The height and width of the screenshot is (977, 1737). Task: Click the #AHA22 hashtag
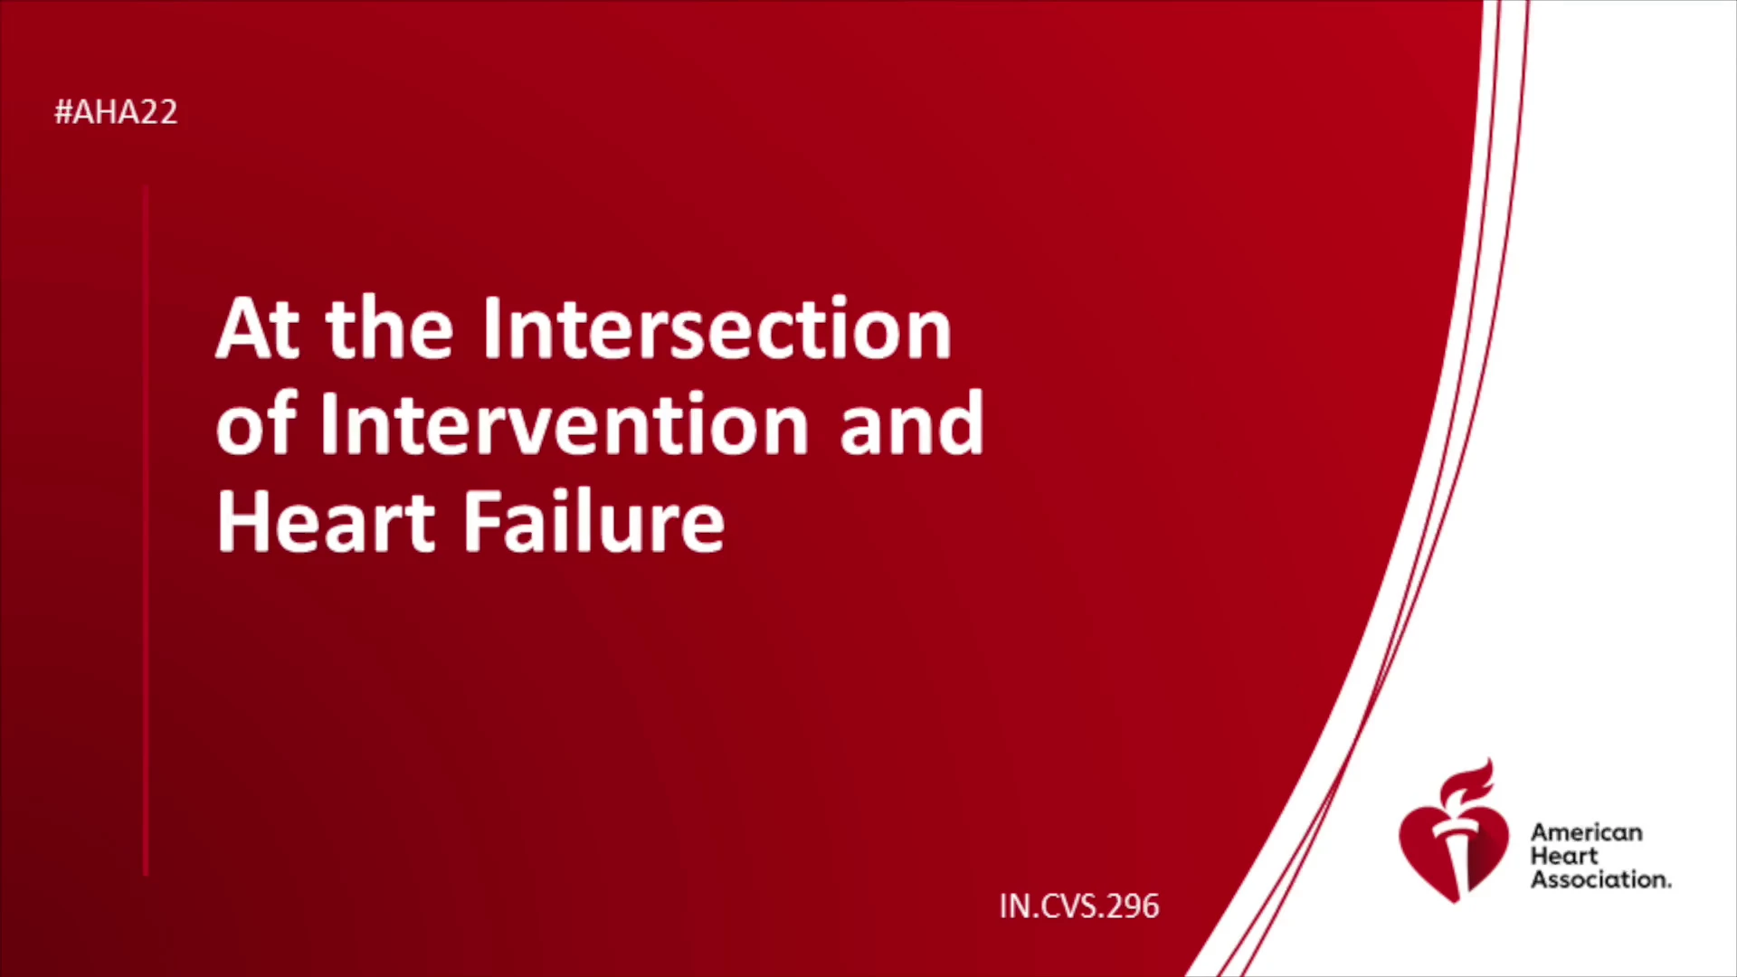pyautogui.click(x=116, y=112)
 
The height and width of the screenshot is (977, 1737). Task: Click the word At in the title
pyautogui.click(x=258, y=328)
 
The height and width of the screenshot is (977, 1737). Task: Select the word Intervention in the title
pyautogui.click(x=564, y=423)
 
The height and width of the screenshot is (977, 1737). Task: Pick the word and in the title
pyautogui.click(x=911, y=423)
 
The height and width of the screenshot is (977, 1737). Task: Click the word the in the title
pyautogui.click(x=389, y=328)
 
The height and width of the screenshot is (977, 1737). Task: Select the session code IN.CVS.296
pyautogui.click(x=1079, y=906)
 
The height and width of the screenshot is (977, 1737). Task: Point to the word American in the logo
pyautogui.click(x=1586, y=832)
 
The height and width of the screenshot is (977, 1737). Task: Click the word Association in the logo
pyautogui.click(x=1600, y=879)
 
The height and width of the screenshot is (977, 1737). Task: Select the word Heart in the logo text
pyautogui.click(x=1564, y=856)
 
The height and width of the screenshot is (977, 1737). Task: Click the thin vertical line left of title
pyautogui.click(x=146, y=531)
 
